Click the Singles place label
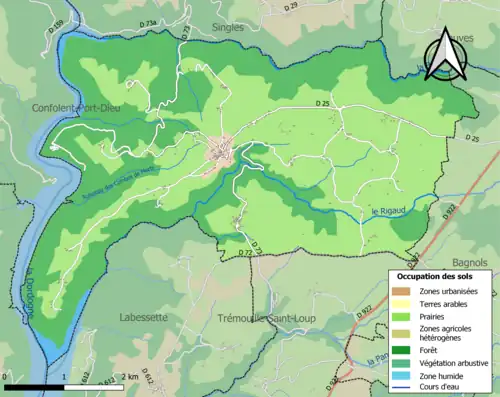(x=227, y=28)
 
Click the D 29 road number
(x=291, y=7)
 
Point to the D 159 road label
(x=53, y=24)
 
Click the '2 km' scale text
(x=128, y=377)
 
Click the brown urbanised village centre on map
(x=220, y=152)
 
